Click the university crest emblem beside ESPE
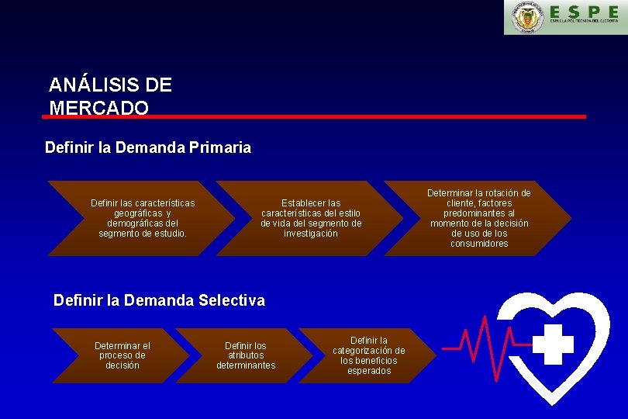[x=528, y=18]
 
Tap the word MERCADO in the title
[x=98, y=108]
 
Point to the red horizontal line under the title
[x=314, y=116]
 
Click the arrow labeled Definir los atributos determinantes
[x=245, y=355]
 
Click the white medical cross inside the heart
[x=553, y=344]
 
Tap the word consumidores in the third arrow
[x=479, y=244]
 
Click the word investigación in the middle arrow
[x=310, y=234]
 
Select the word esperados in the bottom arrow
[x=369, y=371]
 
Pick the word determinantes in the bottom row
[x=246, y=365]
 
